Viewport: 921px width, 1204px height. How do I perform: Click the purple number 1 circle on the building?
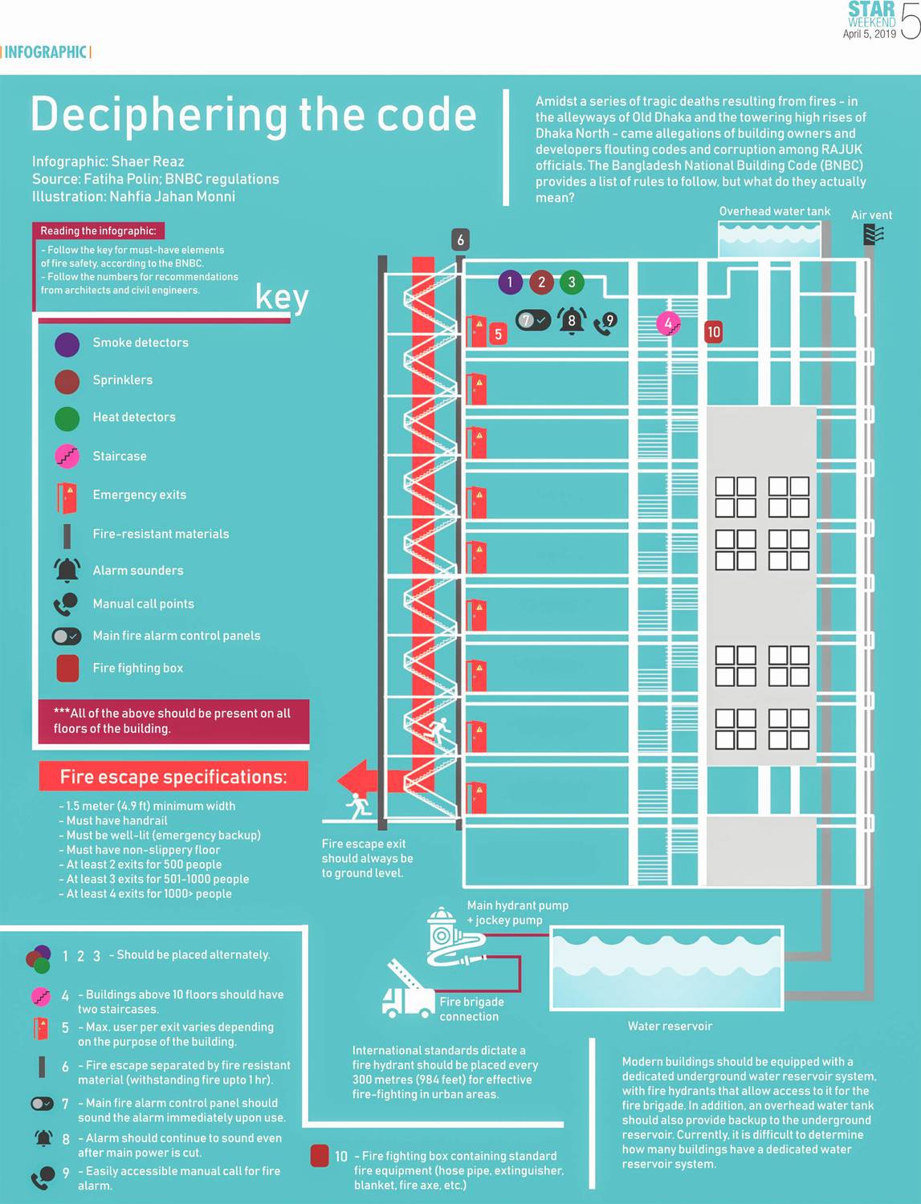pyautogui.click(x=510, y=282)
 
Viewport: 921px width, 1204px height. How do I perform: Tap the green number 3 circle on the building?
pyautogui.click(x=571, y=282)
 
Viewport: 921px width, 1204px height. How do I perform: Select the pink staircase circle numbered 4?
pyautogui.click(x=668, y=323)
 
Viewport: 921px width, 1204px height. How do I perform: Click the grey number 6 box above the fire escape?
pyautogui.click(x=460, y=239)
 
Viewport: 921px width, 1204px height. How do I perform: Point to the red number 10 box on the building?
pyautogui.click(x=713, y=332)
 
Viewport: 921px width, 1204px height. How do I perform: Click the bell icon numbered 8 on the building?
pyautogui.click(x=572, y=321)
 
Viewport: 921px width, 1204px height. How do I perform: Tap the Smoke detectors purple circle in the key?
pyautogui.click(x=67, y=344)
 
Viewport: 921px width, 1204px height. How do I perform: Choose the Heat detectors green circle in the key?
pyautogui.click(x=67, y=418)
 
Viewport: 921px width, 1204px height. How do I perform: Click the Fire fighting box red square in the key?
pyautogui.click(x=67, y=668)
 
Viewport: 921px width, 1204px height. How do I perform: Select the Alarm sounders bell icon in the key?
pyautogui.click(x=67, y=570)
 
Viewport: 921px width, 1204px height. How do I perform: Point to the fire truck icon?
pyautogui.click(x=408, y=993)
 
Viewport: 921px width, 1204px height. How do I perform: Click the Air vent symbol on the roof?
pyautogui.click(x=874, y=234)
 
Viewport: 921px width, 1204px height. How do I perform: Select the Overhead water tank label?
pyautogui.click(x=774, y=211)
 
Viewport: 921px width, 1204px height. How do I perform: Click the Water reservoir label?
pyautogui.click(x=670, y=1026)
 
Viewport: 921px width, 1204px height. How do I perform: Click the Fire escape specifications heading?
pyautogui.click(x=173, y=777)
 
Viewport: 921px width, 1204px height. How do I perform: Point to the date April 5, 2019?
pyautogui.click(x=869, y=34)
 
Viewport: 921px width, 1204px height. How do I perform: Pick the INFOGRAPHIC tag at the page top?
pyautogui.click(x=46, y=52)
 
